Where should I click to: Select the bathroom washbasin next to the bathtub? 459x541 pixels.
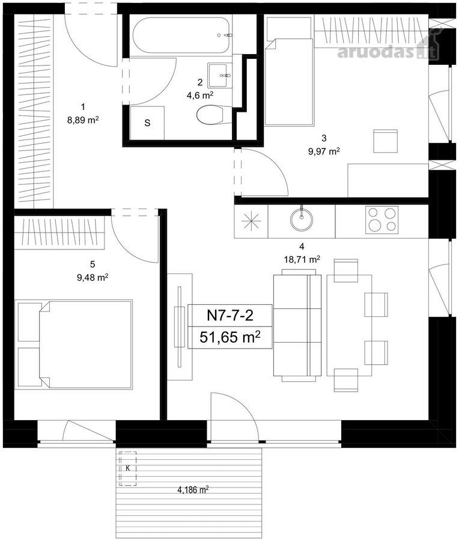pos(217,75)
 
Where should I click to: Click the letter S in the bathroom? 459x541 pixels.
pos(147,123)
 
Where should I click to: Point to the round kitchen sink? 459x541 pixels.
pos(302,219)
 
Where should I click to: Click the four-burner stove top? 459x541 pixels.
pos(381,220)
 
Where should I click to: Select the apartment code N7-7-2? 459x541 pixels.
pos(230,315)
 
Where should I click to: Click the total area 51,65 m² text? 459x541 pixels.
pos(230,337)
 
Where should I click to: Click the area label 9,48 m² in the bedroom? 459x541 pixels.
pos(93,277)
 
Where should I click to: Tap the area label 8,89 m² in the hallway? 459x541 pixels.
pos(83,120)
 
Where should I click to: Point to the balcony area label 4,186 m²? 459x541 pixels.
pos(193,489)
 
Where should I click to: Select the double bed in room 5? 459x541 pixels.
pos(75,344)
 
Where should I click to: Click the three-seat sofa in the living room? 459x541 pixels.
pos(297,325)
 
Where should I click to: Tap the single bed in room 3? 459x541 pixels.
pos(289,82)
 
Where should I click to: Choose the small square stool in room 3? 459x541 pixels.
pos(386,141)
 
